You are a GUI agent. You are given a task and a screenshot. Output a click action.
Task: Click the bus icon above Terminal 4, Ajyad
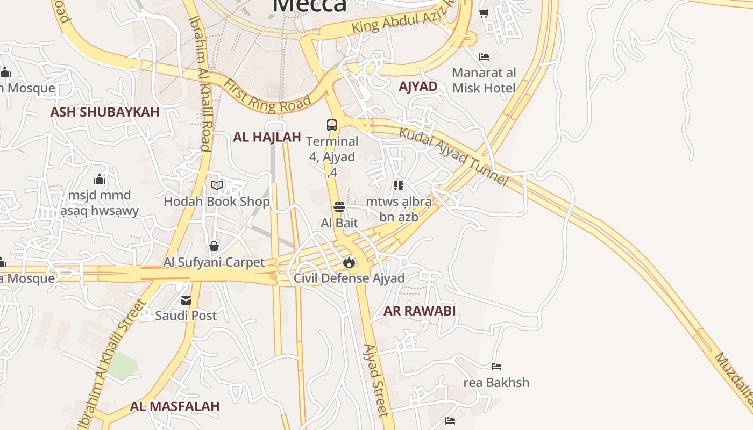[332, 125]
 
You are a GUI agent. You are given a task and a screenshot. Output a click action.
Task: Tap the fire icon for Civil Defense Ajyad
[349, 262]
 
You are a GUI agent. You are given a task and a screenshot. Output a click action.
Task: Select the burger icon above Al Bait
[339, 206]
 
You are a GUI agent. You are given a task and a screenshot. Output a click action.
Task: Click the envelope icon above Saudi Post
[186, 300]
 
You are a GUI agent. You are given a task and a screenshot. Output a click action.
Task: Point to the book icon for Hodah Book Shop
[217, 185]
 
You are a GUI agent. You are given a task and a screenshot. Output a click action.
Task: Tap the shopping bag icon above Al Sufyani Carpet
[214, 246]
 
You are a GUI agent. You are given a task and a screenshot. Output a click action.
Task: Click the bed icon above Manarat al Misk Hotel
[484, 56]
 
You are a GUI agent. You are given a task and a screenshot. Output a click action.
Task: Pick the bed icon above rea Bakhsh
[496, 367]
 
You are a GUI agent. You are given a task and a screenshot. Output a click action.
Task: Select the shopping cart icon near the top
[484, 13]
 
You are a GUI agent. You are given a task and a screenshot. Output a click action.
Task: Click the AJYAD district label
[418, 87]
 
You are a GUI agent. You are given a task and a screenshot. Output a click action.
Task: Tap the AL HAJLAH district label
[267, 137]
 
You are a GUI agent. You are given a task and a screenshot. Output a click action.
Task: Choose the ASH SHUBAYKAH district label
[105, 112]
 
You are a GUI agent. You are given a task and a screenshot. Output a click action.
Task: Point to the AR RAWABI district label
[420, 311]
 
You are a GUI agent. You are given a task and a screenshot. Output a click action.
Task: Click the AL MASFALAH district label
[175, 406]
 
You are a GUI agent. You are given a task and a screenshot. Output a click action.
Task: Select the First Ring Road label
[267, 96]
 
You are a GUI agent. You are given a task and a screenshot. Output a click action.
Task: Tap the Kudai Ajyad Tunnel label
[453, 156]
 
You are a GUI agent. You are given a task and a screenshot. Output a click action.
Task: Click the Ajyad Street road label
[375, 381]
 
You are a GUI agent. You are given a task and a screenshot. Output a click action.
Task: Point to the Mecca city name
[310, 5]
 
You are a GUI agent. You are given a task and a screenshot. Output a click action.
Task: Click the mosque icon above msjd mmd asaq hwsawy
[100, 179]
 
